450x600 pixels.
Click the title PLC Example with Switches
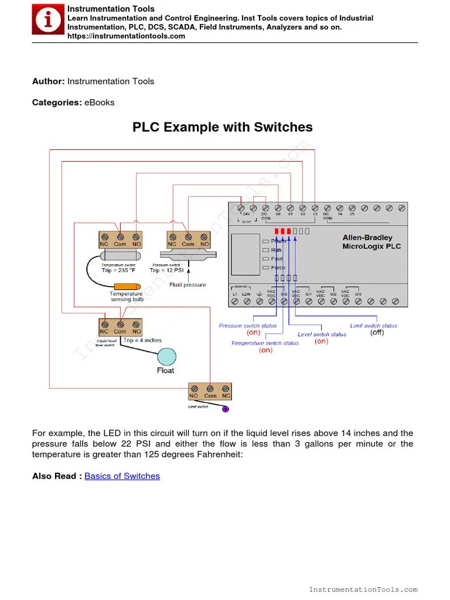[x=223, y=127]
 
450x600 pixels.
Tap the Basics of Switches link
[x=122, y=476]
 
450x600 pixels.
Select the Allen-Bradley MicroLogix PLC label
[x=371, y=242]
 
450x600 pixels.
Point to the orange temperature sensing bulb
[x=122, y=285]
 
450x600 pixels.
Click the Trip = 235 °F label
[x=118, y=270]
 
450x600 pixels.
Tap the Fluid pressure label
[x=187, y=285]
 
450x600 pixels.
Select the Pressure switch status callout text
[x=248, y=326]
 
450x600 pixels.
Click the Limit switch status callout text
[x=373, y=326]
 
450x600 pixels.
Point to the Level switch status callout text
[x=322, y=334]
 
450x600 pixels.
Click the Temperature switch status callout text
[x=265, y=343]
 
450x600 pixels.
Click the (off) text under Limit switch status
[x=377, y=332]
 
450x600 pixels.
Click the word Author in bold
[x=48, y=81]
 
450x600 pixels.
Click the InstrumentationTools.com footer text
[x=363, y=589]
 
